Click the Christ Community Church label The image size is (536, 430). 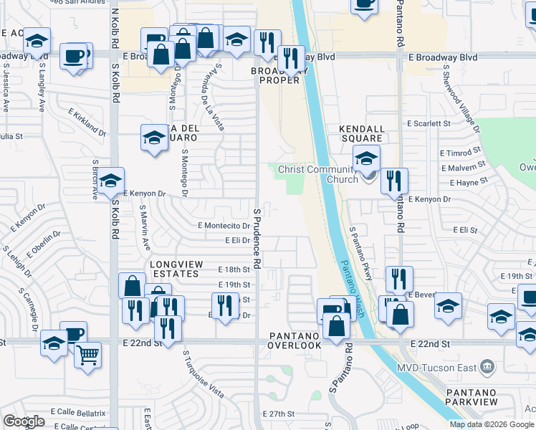pyautogui.click(x=317, y=174)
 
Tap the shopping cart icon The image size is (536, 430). pyautogui.click(x=87, y=354)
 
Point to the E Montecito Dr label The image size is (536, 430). pyautogui.click(x=224, y=225)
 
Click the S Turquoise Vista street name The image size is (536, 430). pyautogui.click(x=203, y=374)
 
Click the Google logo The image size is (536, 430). pyautogui.click(x=24, y=421)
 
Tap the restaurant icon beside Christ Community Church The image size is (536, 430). pyautogui.click(x=394, y=181)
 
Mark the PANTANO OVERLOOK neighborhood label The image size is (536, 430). pyautogui.click(x=295, y=340)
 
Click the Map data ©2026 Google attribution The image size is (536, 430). pyautogui.click(x=492, y=424)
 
